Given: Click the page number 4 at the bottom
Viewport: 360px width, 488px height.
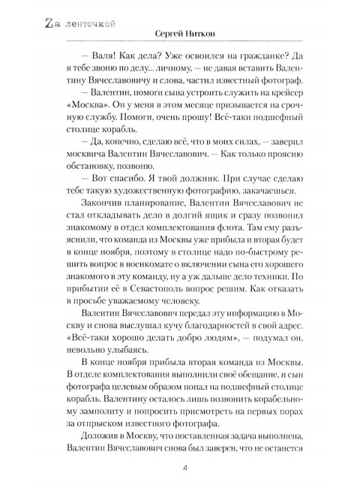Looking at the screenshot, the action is [184, 469].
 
